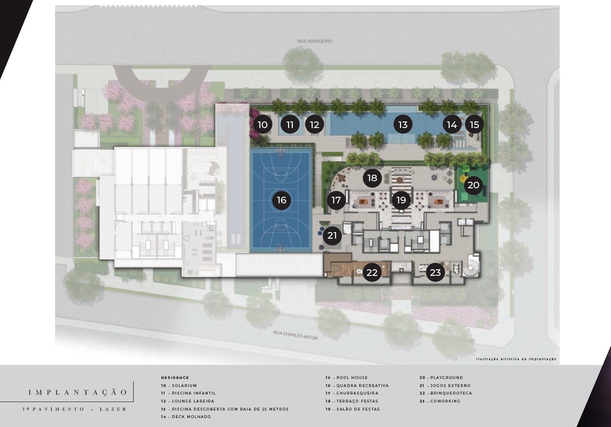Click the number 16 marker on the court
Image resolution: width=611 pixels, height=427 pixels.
pos(281,200)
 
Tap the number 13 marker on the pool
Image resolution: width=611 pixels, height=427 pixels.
pos(403,125)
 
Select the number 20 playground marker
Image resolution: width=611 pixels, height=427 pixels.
pos(474,185)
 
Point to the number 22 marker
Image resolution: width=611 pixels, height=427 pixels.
pos(372,272)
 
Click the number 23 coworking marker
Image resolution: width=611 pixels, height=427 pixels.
pos(435,272)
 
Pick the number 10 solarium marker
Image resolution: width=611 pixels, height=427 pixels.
pos(263,125)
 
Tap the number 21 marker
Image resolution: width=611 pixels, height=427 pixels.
pos(332,235)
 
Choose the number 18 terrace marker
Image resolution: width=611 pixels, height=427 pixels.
pos(372,178)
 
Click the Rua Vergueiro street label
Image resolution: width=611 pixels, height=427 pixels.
pos(314,41)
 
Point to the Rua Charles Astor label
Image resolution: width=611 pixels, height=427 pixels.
pos(296,335)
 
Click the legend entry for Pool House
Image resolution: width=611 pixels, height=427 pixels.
pos(346,378)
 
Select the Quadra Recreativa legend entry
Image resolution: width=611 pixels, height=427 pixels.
pos(357,386)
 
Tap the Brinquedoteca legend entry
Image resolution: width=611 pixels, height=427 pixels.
pos(446,393)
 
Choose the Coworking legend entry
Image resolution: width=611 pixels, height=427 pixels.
pos(440,401)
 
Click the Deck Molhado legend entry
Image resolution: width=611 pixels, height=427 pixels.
pos(186,417)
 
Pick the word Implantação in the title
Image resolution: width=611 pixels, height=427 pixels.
pos(78,392)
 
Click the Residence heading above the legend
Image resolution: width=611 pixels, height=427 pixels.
pos(175,378)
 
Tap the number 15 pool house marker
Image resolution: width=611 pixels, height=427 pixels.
pos(474,125)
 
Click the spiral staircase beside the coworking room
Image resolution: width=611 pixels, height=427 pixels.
pos(472,266)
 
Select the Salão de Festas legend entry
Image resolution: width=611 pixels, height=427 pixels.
pos(353,409)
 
